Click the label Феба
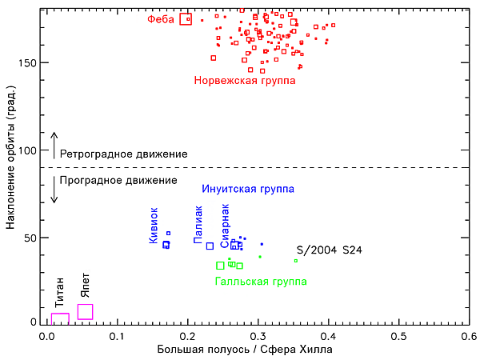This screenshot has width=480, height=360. (161, 19)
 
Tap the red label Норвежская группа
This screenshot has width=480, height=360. (245, 81)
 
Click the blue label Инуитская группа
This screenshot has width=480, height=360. (248, 189)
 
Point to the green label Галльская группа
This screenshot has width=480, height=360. (261, 281)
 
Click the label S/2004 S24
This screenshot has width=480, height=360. (330, 250)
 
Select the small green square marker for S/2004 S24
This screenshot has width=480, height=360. (296, 261)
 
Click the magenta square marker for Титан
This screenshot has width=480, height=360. (51, 319)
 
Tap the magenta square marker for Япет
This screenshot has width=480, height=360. (78, 312)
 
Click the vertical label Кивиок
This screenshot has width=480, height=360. (154, 226)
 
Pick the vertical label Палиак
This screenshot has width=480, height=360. (198, 225)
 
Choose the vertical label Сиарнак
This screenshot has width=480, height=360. (225, 226)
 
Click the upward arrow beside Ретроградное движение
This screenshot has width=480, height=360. (54, 146)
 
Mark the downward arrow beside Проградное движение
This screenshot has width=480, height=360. (54, 190)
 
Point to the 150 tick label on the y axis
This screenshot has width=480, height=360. (27, 62)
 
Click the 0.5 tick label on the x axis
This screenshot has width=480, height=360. (399, 337)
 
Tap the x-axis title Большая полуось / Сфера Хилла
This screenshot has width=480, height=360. (245, 350)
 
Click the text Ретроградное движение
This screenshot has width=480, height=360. (124, 154)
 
